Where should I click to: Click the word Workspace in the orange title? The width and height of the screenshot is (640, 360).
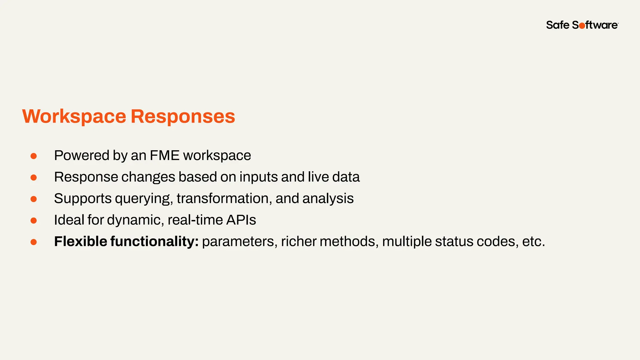(74, 117)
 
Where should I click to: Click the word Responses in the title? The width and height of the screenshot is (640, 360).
(182, 117)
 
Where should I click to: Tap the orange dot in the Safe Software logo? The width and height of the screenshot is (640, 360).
(582, 26)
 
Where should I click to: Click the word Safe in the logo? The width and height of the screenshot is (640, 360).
(558, 25)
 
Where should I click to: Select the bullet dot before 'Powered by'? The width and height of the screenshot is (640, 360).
(34, 156)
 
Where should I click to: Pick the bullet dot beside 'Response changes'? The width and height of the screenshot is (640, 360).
(34, 177)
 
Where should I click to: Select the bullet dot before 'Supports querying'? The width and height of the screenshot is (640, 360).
(34, 199)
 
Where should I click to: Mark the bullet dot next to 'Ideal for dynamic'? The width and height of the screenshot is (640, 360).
(34, 221)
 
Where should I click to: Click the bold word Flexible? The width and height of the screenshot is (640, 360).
(81, 241)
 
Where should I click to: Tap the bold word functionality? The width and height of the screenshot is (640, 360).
(154, 242)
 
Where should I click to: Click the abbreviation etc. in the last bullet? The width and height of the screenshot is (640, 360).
(533, 242)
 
